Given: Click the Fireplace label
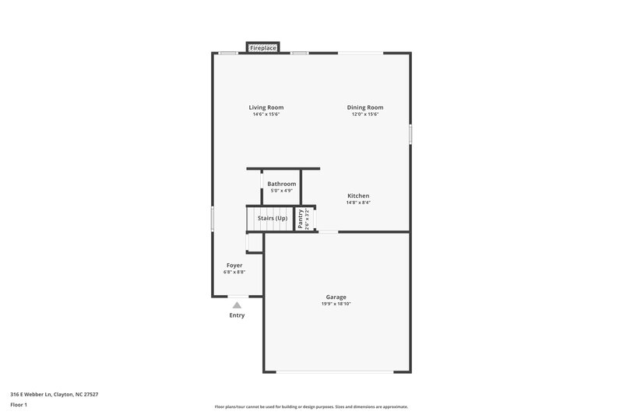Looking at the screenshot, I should click(263, 48).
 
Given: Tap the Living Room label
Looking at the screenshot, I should click(266, 107).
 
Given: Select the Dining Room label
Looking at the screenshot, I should click(365, 107).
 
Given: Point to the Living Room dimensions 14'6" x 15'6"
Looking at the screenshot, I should click(266, 114).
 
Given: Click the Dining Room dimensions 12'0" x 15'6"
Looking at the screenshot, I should click(365, 114).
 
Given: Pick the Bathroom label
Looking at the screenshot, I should click(282, 184).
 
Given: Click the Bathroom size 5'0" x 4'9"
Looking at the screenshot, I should click(282, 191).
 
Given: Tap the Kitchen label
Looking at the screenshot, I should click(358, 195).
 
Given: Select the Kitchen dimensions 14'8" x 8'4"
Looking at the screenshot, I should click(358, 202).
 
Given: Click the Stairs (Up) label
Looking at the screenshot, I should click(273, 218).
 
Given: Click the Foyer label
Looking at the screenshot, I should click(234, 266).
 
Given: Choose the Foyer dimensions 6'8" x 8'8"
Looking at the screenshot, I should click(234, 273).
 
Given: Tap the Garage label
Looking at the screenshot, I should click(336, 297).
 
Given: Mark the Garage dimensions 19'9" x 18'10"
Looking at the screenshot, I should click(336, 304).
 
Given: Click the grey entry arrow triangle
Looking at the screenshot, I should click(237, 305).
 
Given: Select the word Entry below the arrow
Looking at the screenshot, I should click(237, 315).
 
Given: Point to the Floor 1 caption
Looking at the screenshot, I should click(19, 406).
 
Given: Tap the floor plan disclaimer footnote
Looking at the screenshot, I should click(311, 406).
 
